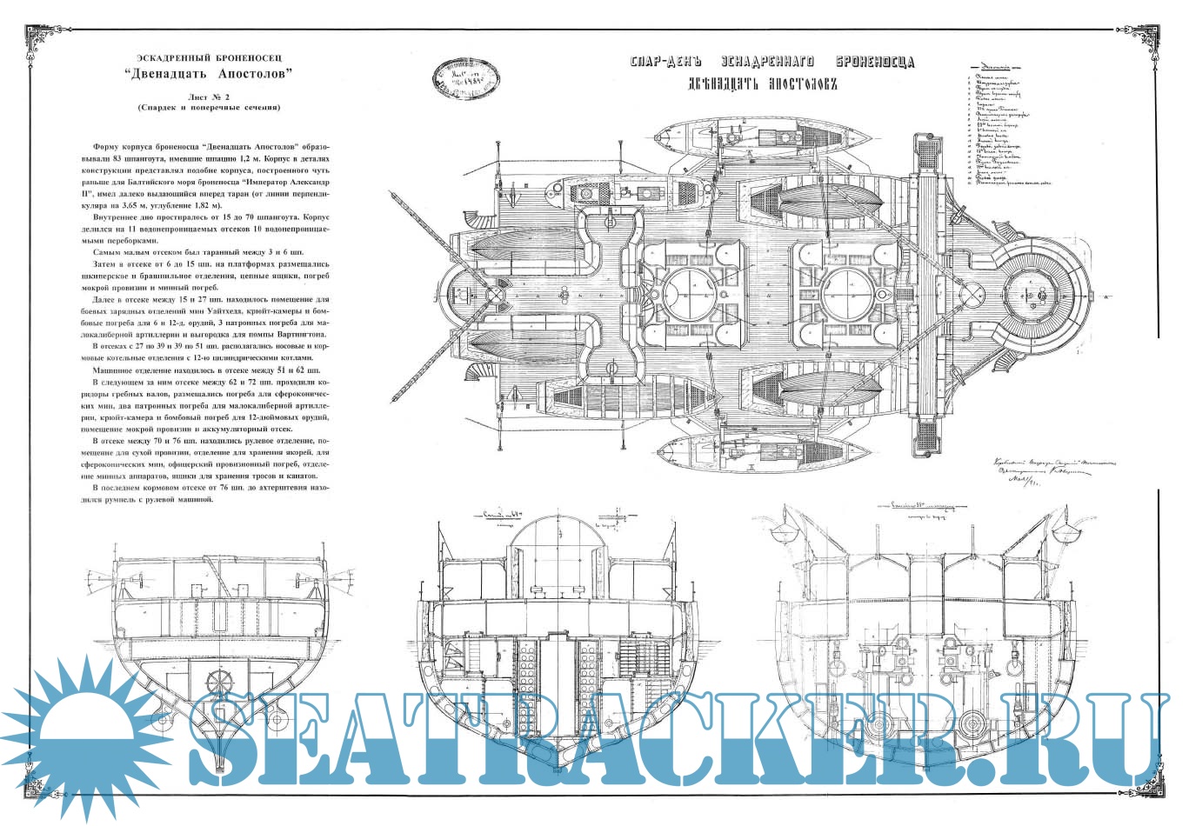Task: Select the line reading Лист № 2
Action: (207, 96)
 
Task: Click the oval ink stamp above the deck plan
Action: (467, 79)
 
